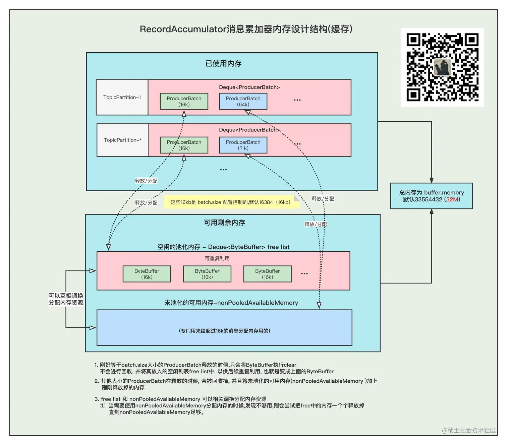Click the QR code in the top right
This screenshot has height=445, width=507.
442,67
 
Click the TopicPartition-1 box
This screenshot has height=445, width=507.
122,97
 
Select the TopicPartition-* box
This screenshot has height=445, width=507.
123,140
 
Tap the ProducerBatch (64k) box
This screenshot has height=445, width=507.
243,101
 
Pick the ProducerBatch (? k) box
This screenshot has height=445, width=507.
243,145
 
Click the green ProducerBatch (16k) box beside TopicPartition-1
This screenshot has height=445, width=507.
184,101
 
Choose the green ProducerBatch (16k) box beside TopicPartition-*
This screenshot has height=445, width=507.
184,145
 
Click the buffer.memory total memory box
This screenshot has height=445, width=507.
431,196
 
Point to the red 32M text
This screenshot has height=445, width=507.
452,199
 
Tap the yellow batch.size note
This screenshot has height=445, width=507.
231,202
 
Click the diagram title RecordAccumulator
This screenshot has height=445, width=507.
246,29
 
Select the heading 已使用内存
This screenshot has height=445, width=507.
223,63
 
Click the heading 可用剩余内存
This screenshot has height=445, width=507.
224,222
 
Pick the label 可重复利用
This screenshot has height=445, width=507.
217,258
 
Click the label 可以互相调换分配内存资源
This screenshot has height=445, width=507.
66,299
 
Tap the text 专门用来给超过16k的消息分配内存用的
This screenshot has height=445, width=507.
224,331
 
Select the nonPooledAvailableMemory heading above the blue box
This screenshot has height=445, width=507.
231,303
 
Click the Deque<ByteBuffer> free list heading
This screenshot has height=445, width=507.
223,247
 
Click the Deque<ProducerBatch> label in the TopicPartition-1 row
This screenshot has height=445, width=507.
249,87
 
